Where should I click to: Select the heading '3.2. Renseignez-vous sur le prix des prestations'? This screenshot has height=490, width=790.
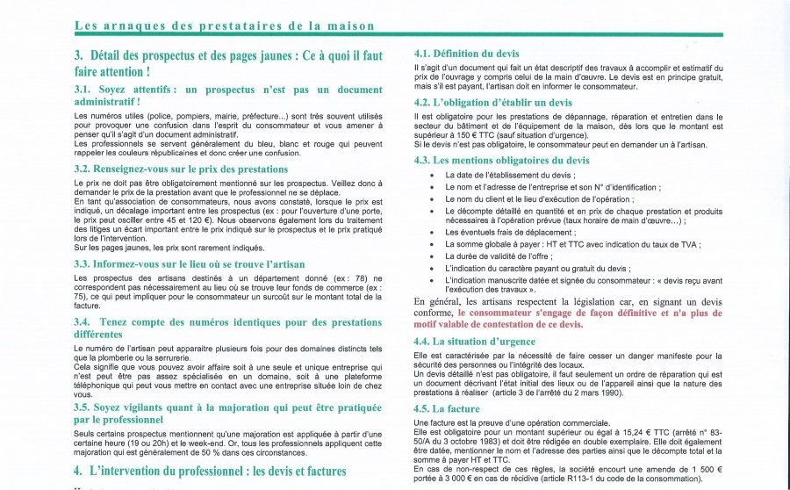181,169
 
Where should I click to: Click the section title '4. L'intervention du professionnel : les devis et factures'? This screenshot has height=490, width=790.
228,471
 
